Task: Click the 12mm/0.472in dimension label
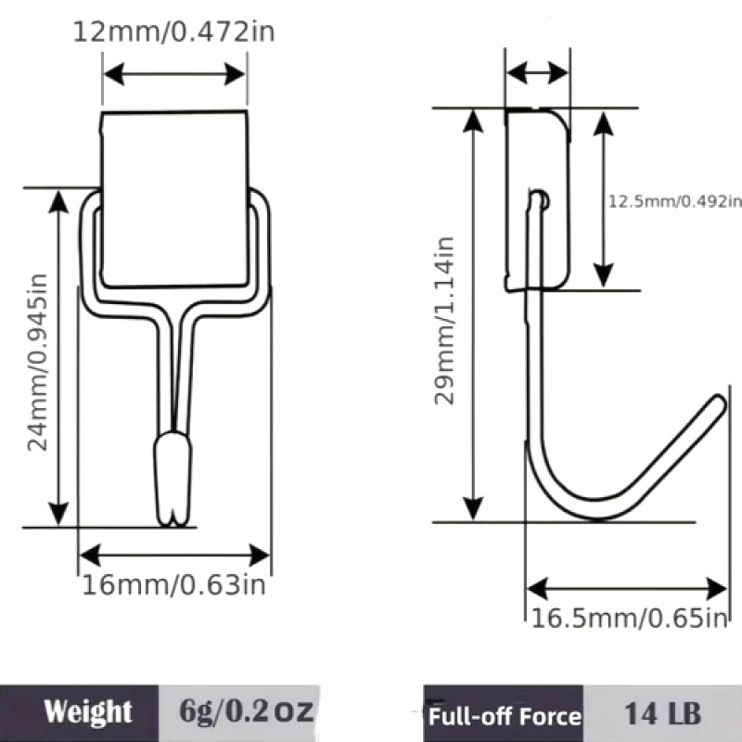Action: click(173, 32)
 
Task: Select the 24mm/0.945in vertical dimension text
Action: click(37, 363)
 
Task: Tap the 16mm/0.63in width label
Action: click(173, 585)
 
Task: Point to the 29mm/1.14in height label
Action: click(444, 321)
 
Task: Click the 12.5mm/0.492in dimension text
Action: click(675, 201)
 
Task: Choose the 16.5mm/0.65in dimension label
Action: click(630, 618)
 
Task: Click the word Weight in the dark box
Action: click(88, 711)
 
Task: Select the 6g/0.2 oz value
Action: click(246, 711)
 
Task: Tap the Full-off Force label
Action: click(505, 716)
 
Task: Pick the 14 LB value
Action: click(663, 713)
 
